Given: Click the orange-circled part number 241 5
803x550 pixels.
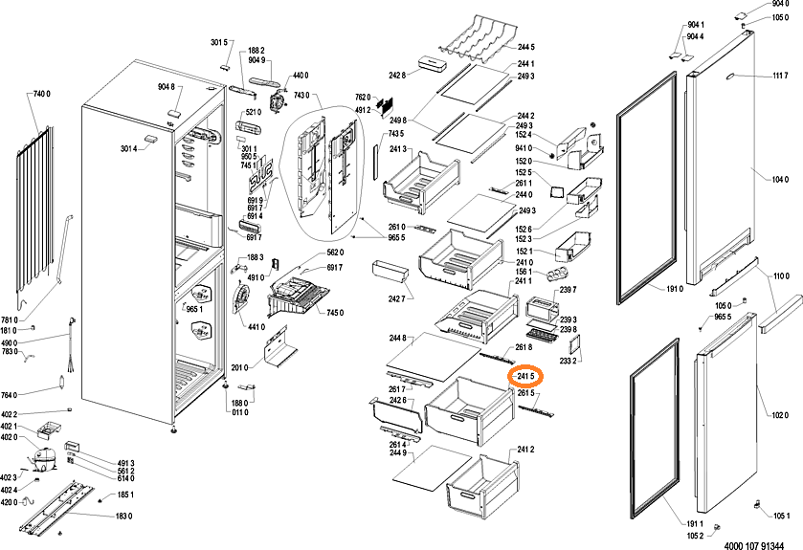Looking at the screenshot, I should click(524, 376).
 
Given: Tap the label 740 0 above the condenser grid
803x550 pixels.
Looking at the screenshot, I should click(41, 94).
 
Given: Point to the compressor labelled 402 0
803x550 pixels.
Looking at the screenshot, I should click(44, 457).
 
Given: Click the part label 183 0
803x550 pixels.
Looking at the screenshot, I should click(123, 517).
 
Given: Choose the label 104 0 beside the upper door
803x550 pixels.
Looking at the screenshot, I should click(780, 179).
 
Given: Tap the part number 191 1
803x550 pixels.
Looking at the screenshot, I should click(695, 524).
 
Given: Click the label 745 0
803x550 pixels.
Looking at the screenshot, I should click(335, 313).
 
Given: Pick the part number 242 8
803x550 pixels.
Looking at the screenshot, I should click(397, 75).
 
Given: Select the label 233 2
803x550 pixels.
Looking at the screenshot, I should click(568, 363).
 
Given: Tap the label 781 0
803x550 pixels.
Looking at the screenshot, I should click(9, 320).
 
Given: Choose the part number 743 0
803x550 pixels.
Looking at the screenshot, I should click(303, 95).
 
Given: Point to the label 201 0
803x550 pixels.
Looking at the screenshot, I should click(239, 366).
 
